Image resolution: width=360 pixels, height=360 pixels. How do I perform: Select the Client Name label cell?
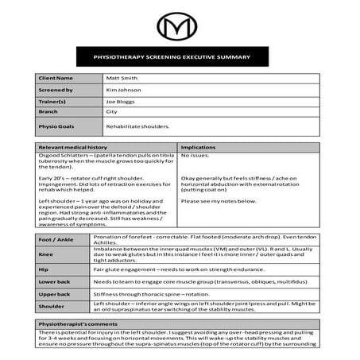(55, 79)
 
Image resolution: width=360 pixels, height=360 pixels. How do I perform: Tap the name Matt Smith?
(122, 79)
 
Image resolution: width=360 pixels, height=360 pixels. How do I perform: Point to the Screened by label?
(54, 91)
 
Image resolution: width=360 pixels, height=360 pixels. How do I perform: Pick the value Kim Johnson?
(123, 91)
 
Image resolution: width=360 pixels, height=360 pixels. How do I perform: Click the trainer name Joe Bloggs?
(122, 103)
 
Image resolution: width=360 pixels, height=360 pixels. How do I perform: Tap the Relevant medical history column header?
(73, 148)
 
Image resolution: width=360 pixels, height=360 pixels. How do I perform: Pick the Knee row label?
(46, 255)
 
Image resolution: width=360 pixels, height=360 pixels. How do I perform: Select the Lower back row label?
(54, 282)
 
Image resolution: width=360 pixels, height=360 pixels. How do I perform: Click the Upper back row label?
(54, 294)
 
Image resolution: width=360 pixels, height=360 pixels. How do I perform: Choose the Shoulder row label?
(52, 308)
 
